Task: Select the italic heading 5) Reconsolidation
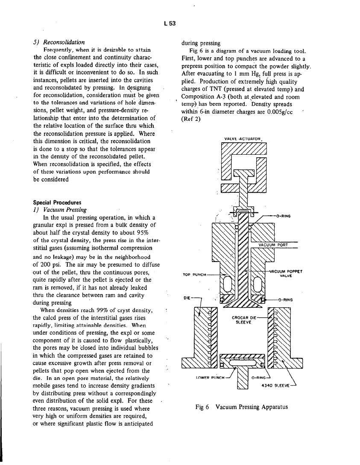tap(59, 42)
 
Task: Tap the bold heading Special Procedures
tap(57, 202)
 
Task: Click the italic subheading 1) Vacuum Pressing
tap(60, 209)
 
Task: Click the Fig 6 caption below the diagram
tap(241, 407)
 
